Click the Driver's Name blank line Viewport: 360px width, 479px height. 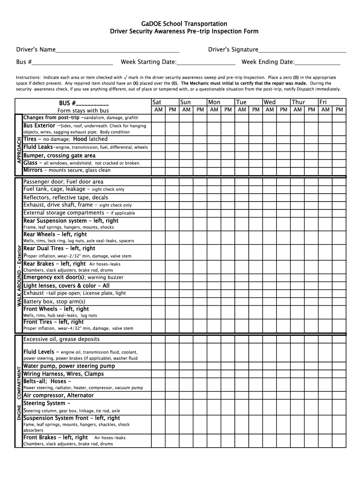[x=117, y=51]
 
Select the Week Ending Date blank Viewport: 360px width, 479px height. [x=317, y=63]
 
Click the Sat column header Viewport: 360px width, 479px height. [x=157, y=102]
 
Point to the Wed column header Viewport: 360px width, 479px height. [x=270, y=102]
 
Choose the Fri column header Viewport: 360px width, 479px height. [x=323, y=102]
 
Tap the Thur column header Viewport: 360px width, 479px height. [x=298, y=102]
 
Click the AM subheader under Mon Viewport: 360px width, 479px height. [x=214, y=110]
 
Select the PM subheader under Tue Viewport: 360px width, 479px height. [x=256, y=110]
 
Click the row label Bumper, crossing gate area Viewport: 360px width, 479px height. [x=59, y=155]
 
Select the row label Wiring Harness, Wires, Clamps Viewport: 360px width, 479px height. [x=64, y=374]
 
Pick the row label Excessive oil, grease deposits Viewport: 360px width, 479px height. [x=61, y=339]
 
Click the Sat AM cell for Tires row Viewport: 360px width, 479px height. [x=158, y=139]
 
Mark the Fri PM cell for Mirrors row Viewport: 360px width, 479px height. [x=339, y=170]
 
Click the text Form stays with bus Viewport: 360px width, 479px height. [x=83, y=110]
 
